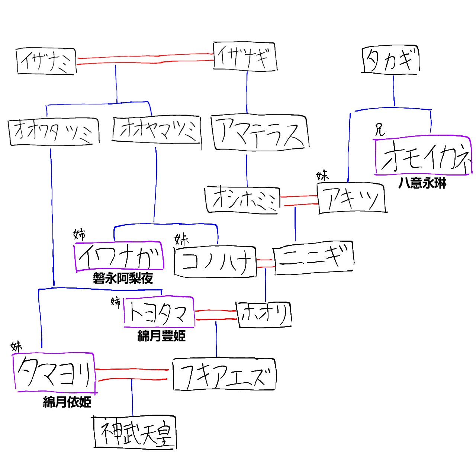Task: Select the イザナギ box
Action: [245, 57]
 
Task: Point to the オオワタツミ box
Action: [54, 132]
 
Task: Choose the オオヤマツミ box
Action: [157, 130]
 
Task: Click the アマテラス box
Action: [260, 133]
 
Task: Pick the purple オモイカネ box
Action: [422, 157]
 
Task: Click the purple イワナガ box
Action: [119, 257]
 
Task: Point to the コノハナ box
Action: [215, 262]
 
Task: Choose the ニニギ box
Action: [314, 258]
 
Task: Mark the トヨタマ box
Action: [159, 312]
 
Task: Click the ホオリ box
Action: [264, 315]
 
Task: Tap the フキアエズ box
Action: [224, 374]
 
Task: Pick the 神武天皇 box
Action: [135, 432]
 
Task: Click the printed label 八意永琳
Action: [422, 183]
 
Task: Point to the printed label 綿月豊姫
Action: [161, 336]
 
